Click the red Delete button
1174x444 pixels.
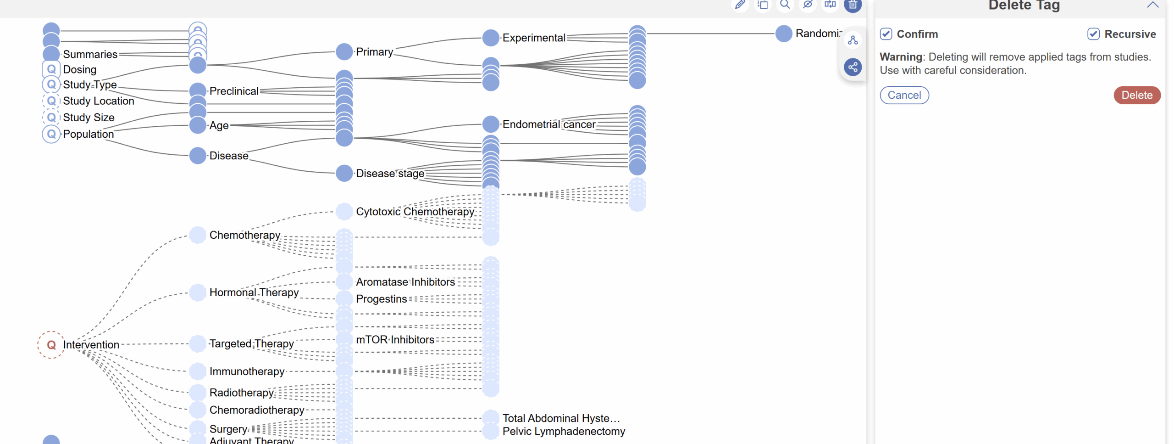click(x=1136, y=95)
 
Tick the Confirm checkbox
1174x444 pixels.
click(x=886, y=34)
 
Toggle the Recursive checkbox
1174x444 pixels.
click(x=1093, y=34)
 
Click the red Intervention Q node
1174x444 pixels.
click(x=51, y=344)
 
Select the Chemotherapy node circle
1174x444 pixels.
click(x=198, y=235)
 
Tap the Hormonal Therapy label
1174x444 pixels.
click(x=254, y=292)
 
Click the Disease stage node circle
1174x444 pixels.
click(x=344, y=174)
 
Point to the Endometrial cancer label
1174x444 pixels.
click(x=548, y=124)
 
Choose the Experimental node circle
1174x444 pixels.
click(x=491, y=38)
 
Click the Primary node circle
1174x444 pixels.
click(x=344, y=52)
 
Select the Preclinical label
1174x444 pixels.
click(x=234, y=91)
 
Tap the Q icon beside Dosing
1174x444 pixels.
click(x=51, y=69)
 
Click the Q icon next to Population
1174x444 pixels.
click(x=51, y=134)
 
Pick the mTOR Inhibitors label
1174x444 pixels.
click(x=395, y=340)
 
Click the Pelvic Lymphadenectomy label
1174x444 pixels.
click(x=564, y=432)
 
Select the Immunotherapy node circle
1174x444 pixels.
click(x=198, y=371)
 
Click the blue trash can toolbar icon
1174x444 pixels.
click(x=853, y=5)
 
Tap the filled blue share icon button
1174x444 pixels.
click(x=853, y=67)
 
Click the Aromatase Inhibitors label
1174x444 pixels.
click(x=405, y=282)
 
